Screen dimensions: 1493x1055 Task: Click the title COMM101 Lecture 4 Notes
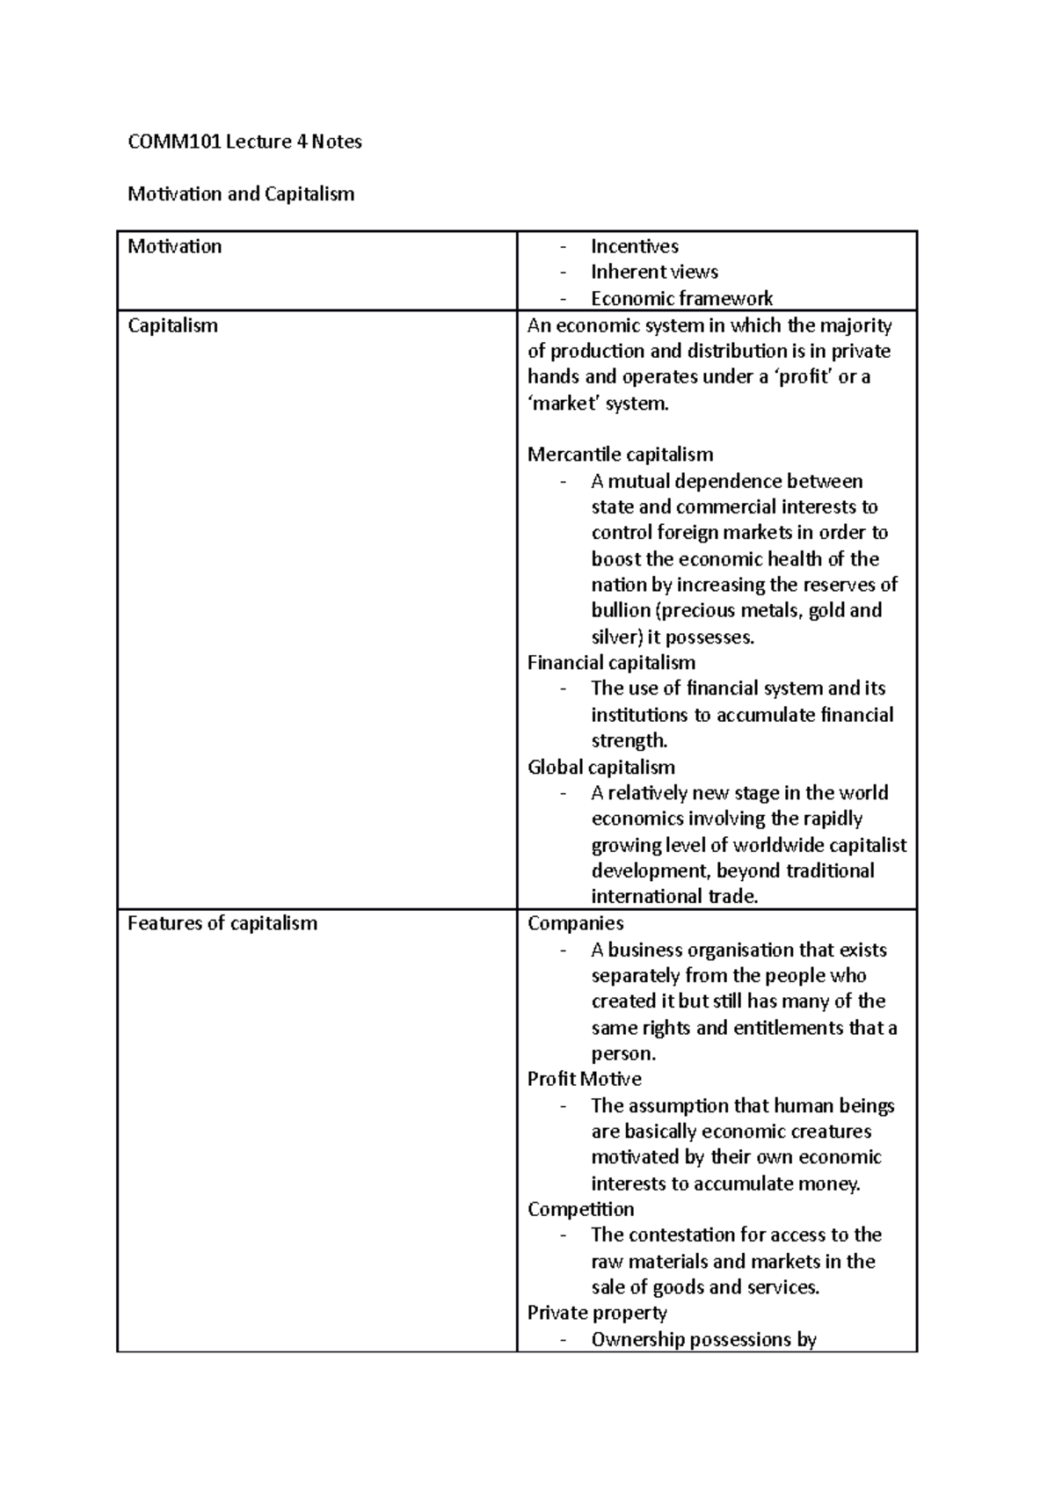coord(244,142)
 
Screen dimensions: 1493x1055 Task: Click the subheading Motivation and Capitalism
coord(241,193)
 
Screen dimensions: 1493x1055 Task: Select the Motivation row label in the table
coord(174,246)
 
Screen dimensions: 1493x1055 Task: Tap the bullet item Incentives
coord(634,246)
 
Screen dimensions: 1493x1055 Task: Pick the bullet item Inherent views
coord(654,272)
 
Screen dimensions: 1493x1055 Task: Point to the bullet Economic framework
coord(681,298)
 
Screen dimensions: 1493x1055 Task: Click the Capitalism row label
coord(172,325)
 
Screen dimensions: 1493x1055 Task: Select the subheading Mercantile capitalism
coord(620,455)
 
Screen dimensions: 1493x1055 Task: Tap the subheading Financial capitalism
coord(611,662)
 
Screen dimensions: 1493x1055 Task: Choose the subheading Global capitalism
coord(601,767)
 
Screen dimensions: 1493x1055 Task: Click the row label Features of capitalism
coord(222,923)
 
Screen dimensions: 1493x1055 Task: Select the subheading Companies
coord(575,923)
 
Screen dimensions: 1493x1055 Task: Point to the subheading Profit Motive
coord(584,1079)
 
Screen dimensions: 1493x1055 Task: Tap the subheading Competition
coord(580,1209)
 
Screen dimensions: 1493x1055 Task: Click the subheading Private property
coord(597,1313)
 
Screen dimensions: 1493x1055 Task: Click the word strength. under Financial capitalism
coord(629,740)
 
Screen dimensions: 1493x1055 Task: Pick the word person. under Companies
coord(623,1053)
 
